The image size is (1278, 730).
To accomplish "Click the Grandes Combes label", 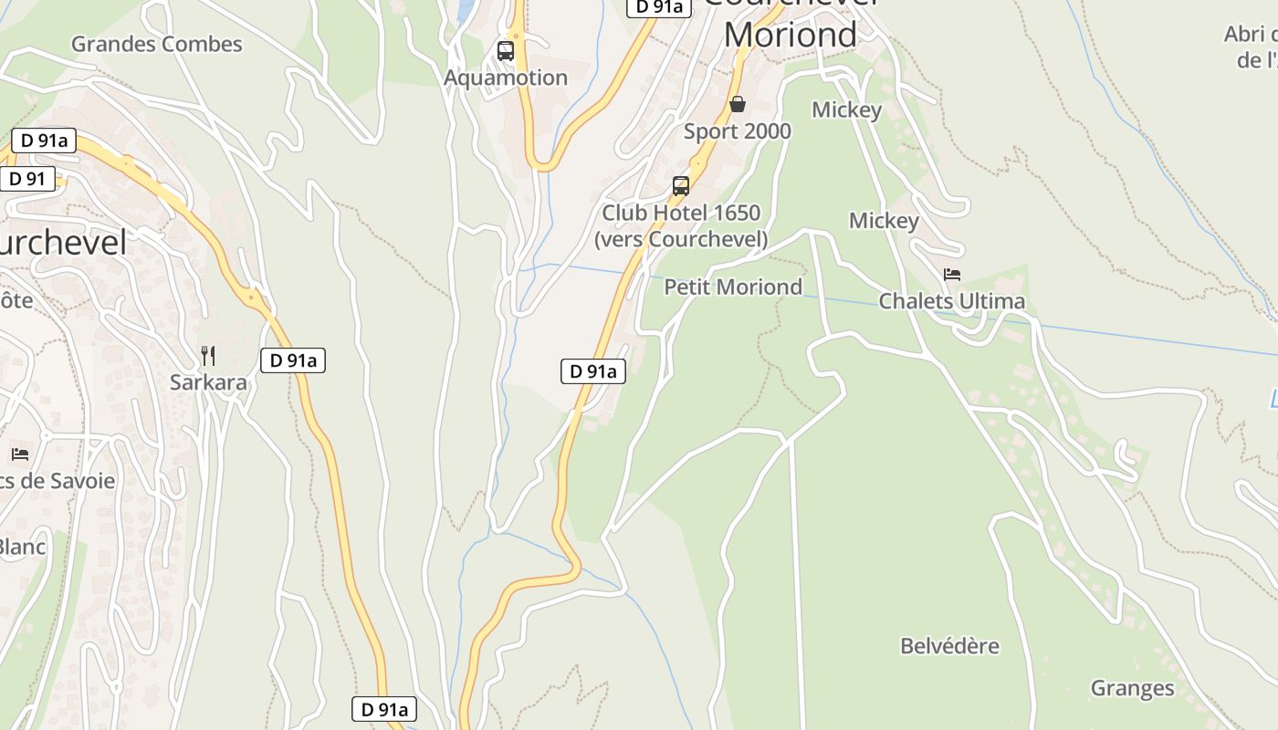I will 156,44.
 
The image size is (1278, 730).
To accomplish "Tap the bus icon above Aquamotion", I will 506,51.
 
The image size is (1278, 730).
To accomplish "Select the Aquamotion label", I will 506,78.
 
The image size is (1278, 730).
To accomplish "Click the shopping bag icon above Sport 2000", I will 738,105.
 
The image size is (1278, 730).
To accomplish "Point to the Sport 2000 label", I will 738,131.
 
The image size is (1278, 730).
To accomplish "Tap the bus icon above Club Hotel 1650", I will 681,186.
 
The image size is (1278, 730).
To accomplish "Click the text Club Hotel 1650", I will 681,213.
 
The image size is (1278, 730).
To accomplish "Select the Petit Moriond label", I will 733,287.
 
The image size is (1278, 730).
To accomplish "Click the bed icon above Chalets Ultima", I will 952,275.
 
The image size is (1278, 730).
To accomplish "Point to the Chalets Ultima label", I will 951,301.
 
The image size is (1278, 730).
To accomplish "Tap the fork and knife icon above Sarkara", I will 208,355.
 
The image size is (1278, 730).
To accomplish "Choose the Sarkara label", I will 208,382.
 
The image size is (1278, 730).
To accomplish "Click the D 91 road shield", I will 27,178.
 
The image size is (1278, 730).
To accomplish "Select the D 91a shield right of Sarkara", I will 293,360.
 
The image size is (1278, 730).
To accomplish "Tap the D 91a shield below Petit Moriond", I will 592,371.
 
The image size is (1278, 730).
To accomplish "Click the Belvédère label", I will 949,646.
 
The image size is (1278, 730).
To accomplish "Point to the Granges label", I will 1132,688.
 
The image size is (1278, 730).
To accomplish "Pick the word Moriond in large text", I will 791,35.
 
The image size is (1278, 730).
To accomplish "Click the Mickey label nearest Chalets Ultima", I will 884,221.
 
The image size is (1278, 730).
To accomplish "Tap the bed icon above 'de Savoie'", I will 20,454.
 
